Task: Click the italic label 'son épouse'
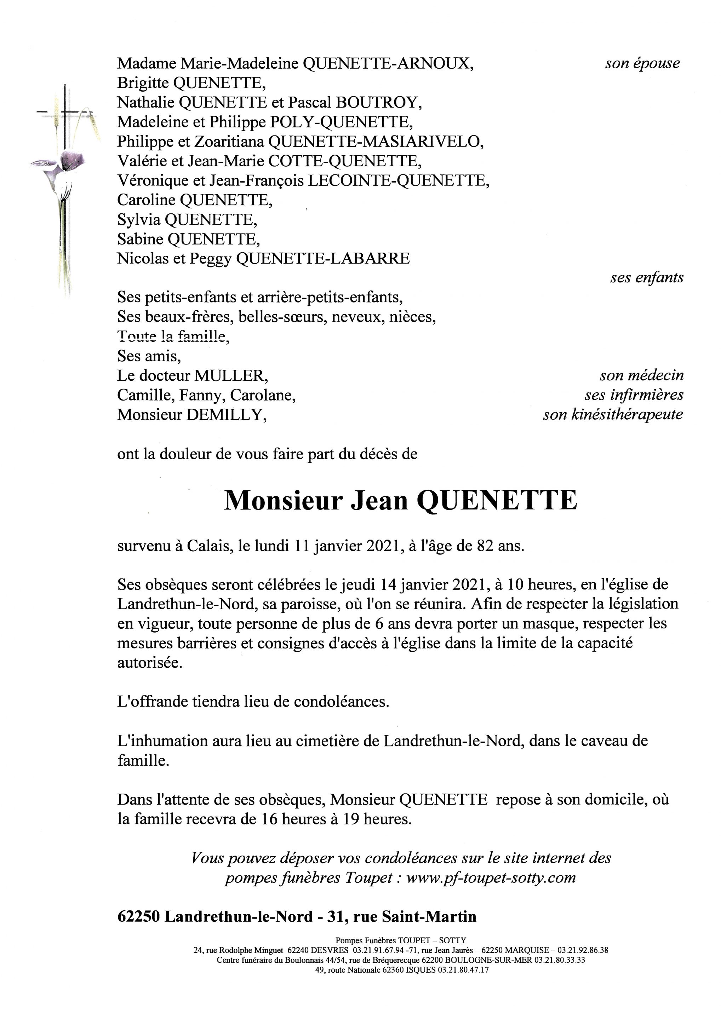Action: [642, 63]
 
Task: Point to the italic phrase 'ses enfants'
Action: [646, 278]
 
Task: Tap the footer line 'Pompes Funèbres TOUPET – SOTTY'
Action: [400, 939]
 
